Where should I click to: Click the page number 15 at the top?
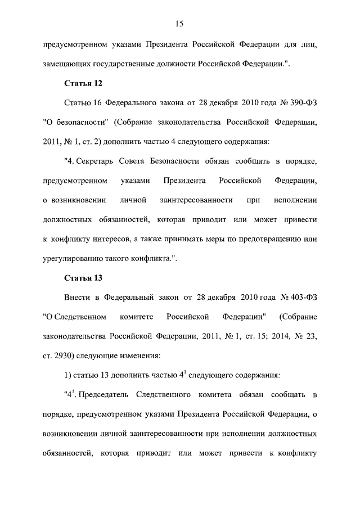[179, 23]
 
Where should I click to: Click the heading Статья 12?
[83, 84]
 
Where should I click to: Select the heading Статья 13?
[83, 278]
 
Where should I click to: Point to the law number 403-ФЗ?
[304, 297]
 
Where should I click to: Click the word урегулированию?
[71, 258]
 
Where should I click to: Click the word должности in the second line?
[174, 65]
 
